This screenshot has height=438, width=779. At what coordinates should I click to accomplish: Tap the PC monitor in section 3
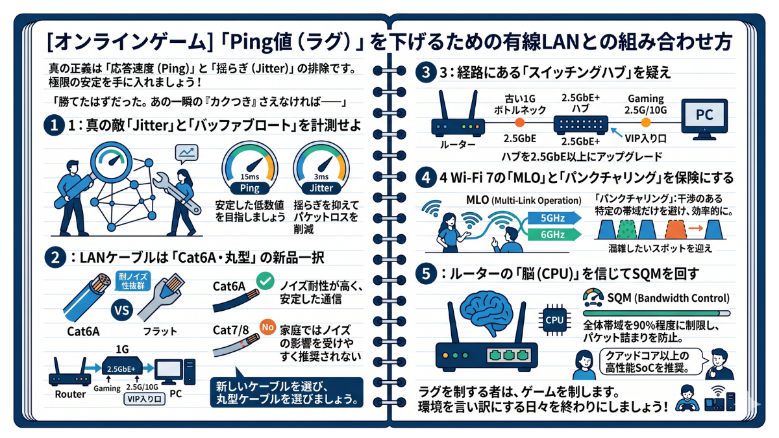[704, 119]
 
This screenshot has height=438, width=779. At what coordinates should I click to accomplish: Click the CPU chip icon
[554, 319]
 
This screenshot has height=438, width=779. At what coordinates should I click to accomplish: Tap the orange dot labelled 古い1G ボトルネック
[519, 122]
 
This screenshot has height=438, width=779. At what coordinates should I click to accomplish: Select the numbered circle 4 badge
[425, 176]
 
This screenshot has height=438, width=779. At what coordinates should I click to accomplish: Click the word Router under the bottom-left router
[70, 394]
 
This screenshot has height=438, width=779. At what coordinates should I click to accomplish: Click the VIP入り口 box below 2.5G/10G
[144, 400]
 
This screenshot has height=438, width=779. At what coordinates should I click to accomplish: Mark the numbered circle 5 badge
[425, 274]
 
